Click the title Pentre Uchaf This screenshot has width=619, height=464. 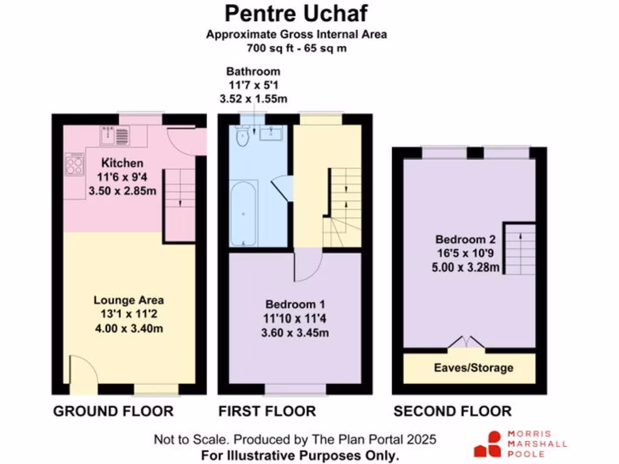pos(296,13)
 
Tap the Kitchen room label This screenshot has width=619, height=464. pos(122,163)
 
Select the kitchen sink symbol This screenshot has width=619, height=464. pos(114,136)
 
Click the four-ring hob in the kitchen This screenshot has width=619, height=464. pos(74,164)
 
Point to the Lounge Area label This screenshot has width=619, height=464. pos(128,300)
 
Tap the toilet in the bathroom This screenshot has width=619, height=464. pos(244,137)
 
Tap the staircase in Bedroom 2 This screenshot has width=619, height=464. pos(519,248)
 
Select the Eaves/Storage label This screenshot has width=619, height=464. pos(474,368)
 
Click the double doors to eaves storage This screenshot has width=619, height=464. pos(466,343)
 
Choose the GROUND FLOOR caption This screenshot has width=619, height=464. pos(113,411)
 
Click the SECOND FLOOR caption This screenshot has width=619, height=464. pos(452,411)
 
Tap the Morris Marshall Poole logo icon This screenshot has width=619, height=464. pos(488,444)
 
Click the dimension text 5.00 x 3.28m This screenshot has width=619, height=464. pos(466,266)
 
